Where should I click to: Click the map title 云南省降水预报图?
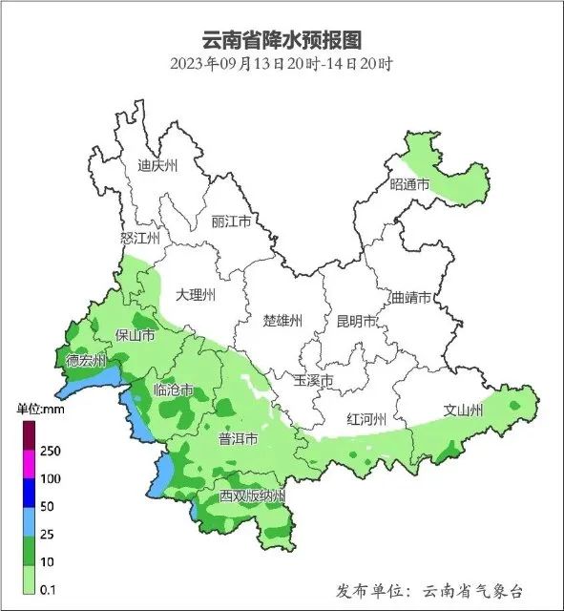click(x=282, y=40)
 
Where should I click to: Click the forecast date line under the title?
click(x=282, y=65)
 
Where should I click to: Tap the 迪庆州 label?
click(x=157, y=165)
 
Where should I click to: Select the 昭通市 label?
click(x=410, y=183)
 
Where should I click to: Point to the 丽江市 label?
click(x=231, y=221)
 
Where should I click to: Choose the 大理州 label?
click(x=196, y=295)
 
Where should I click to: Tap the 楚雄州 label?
click(x=282, y=320)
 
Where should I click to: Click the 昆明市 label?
click(x=357, y=320)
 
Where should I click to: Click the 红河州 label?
click(x=366, y=419)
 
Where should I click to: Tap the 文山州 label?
click(x=464, y=411)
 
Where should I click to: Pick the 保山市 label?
click(x=134, y=335)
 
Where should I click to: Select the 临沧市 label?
click(x=174, y=390)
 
